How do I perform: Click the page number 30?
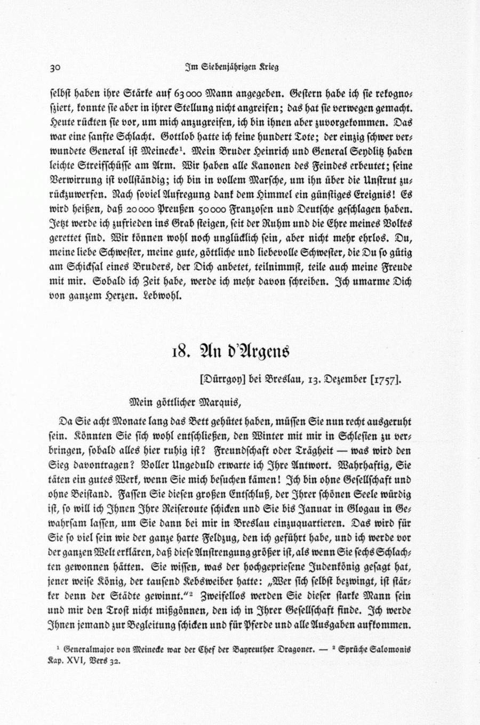click(x=56, y=68)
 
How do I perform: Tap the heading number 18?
click(x=179, y=352)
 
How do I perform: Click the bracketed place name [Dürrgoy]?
click(x=221, y=380)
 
